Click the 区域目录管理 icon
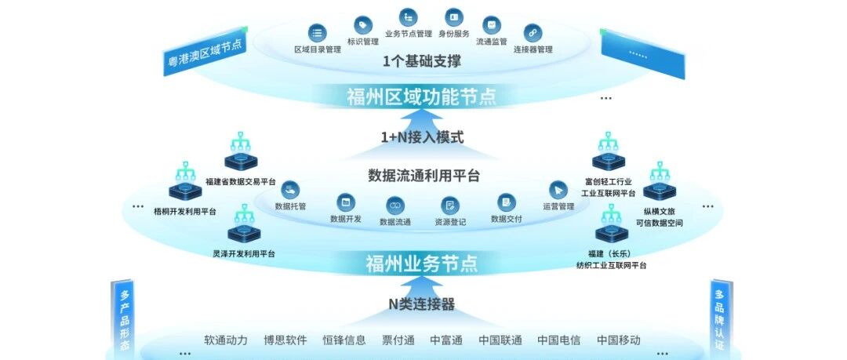pyautogui.click(x=318, y=33)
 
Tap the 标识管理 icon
pyautogui.click(x=362, y=24)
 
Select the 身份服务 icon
pyautogui.click(x=454, y=17)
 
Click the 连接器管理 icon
pyautogui.click(x=533, y=33)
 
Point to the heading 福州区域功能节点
pyautogui.click(x=421, y=96)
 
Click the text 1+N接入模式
pyautogui.click(x=422, y=137)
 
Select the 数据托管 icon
pyautogui.click(x=290, y=190)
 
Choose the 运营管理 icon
pyautogui.click(x=558, y=190)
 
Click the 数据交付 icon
pyautogui.click(x=506, y=202)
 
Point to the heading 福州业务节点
pyautogui.click(x=421, y=264)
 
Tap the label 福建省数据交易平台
pyautogui.click(x=241, y=181)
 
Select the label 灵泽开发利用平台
pyautogui.click(x=244, y=254)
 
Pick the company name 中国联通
pyautogui.click(x=500, y=340)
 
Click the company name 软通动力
pyautogui.click(x=226, y=340)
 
